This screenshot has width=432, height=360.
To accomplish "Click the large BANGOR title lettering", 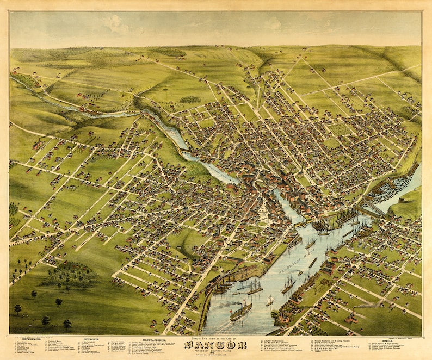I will [x=215, y=345].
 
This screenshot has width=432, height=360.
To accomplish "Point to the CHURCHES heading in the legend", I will [x=90, y=339].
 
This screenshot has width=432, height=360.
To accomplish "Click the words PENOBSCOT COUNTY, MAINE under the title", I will [x=215, y=351].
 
